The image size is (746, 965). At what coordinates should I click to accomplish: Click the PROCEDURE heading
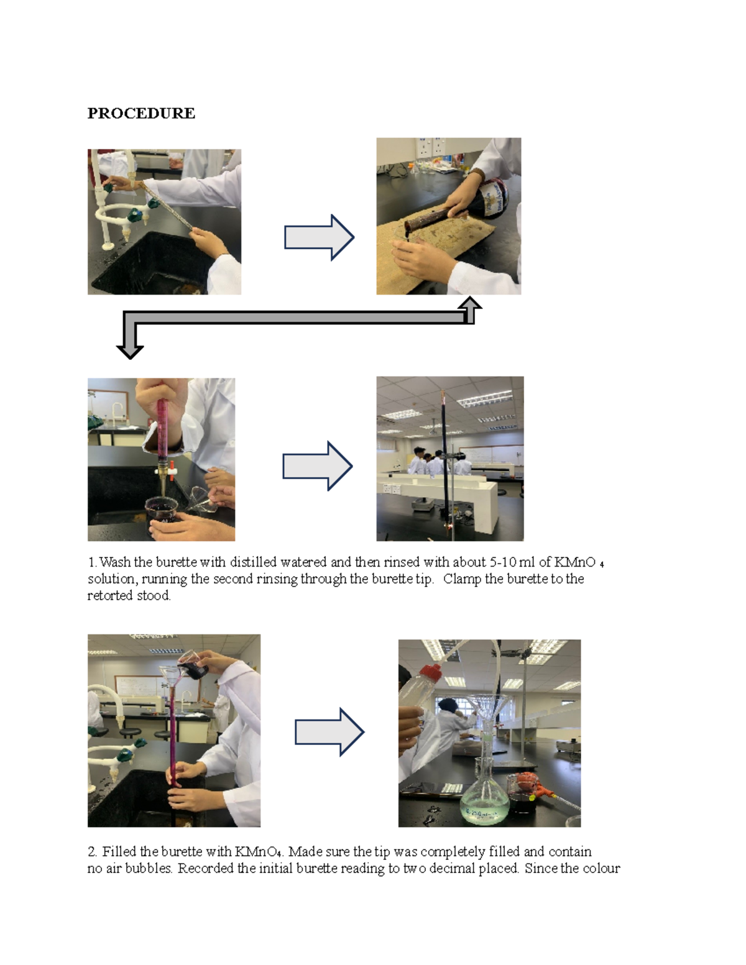pyautogui.click(x=141, y=113)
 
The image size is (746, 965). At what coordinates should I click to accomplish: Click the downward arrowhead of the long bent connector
pyautogui.click(x=130, y=349)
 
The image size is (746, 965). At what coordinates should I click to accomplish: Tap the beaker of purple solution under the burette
pyautogui.click(x=162, y=513)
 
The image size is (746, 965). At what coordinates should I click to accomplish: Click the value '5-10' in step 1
pyautogui.click(x=502, y=562)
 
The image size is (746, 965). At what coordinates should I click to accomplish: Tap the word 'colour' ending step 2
pyautogui.click(x=601, y=869)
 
